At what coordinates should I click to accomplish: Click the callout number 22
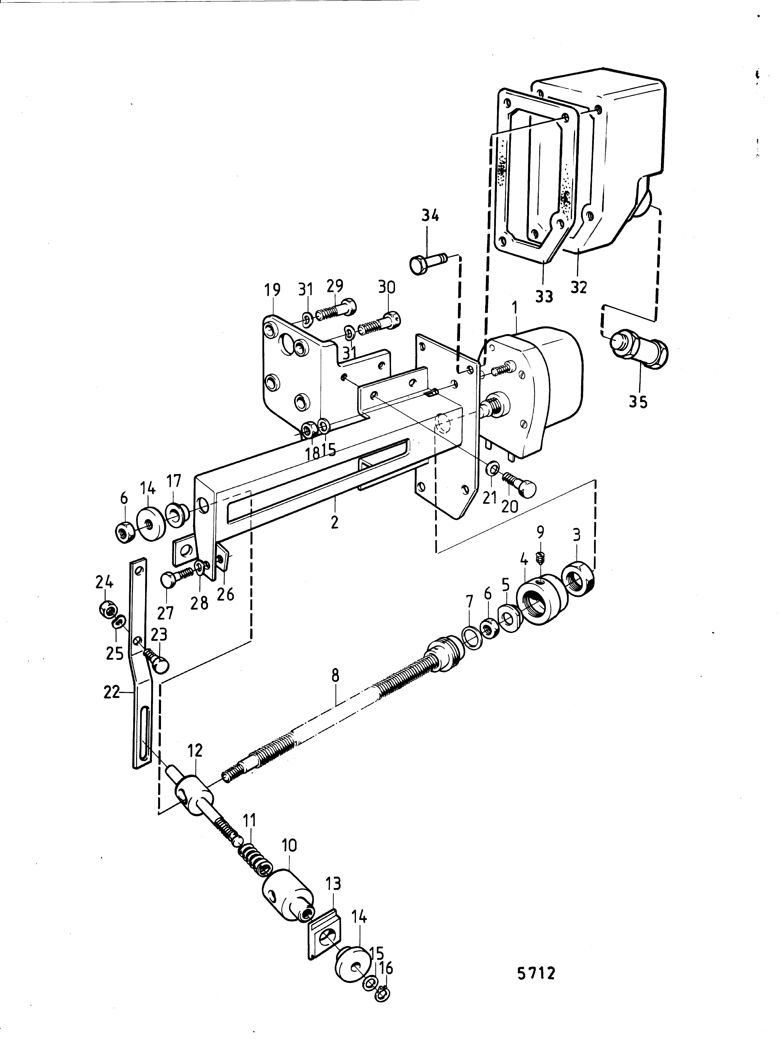(x=112, y=692)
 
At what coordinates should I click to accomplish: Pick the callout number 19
(x=272, y=290)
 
